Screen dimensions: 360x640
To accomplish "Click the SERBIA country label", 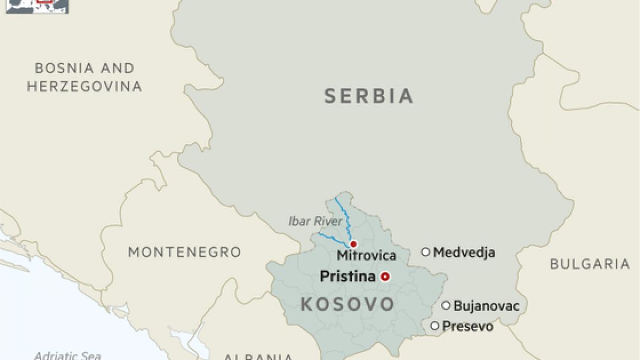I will click(369, 97).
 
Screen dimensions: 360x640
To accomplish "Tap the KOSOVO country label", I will click(348, 305).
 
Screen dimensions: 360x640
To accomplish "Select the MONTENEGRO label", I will click(185, 252).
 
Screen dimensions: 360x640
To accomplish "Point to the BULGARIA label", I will click(590, 263).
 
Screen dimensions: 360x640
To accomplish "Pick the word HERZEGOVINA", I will click(84, 86).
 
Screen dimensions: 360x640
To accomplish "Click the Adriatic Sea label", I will click(67, 355).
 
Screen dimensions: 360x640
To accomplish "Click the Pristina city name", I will click(347, 276).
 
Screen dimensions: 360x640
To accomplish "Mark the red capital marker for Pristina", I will click(385, 276).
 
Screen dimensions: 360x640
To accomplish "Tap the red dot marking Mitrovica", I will click(353, 244).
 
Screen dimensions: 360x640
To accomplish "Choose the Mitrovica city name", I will click(366, 256).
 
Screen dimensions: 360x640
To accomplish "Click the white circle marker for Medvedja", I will click(426, 252).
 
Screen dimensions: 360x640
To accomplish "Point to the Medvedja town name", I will click(464, 252).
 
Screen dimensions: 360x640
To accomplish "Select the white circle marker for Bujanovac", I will click(446, 306).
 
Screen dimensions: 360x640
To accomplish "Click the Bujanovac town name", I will click(486, 306).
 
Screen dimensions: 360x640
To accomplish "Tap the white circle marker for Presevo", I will click(435, 325).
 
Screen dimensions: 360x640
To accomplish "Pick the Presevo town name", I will click(468, 326).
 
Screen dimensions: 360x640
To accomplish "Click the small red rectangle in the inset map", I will click(45, 2).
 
